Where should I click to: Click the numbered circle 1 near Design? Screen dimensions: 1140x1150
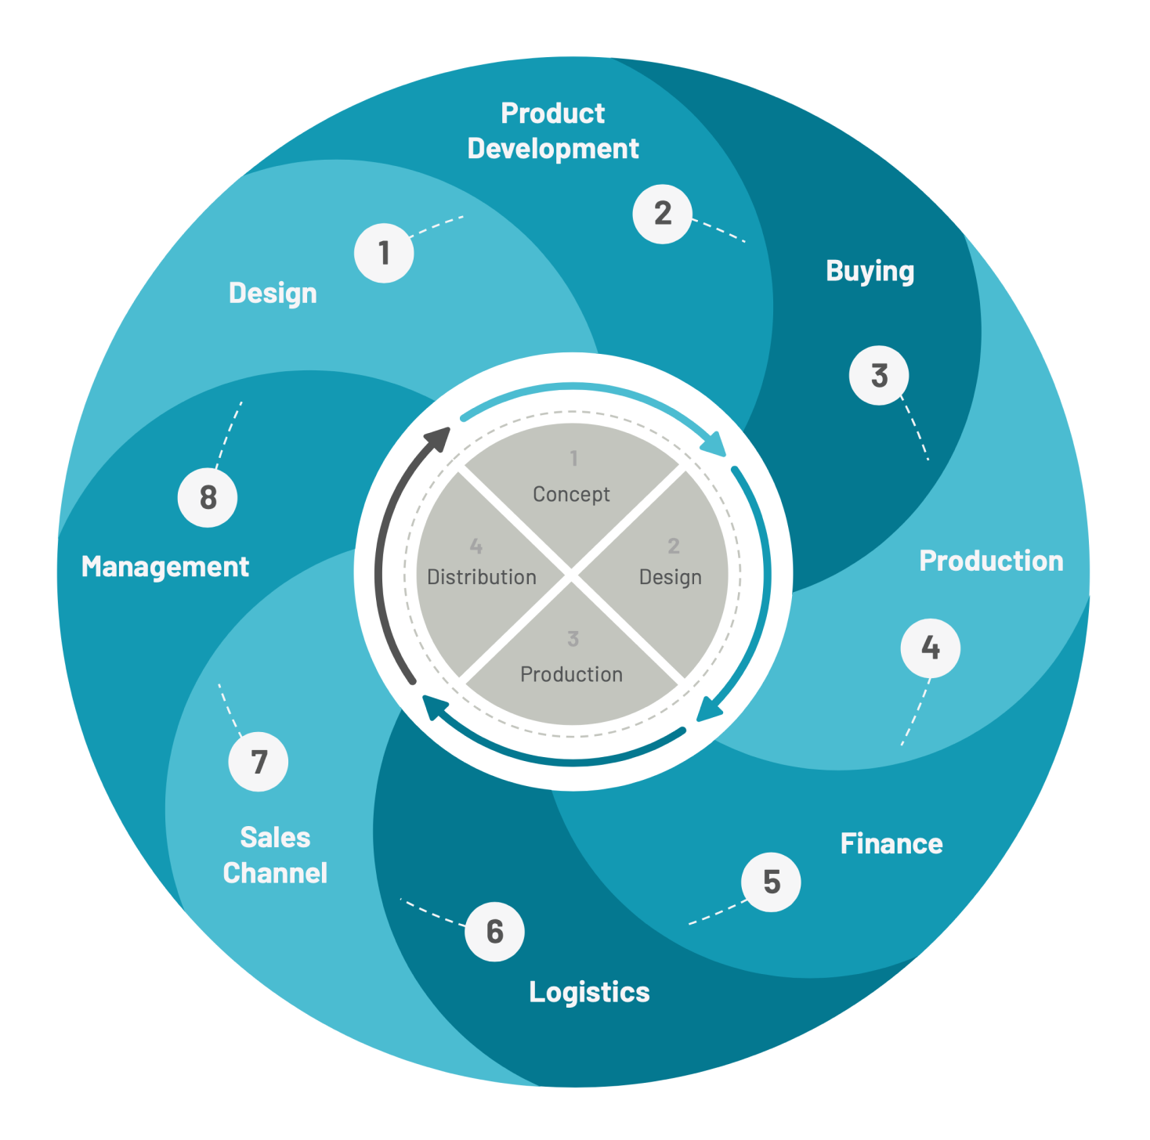384,253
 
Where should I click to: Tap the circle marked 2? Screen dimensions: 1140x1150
663,214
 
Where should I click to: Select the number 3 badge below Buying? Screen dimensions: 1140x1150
879,376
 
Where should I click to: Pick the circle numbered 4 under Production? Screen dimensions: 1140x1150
930,648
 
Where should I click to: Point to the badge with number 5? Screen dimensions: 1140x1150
771,882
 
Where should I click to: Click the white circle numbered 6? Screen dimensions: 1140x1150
494,931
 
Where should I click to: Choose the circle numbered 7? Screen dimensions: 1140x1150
259,762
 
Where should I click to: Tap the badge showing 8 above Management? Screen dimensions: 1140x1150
208,497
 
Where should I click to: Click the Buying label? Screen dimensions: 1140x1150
870,271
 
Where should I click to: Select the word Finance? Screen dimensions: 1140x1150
891,843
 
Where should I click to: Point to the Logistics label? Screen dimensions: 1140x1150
589,992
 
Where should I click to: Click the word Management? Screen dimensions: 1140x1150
165,566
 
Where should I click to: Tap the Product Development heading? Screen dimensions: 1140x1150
553,131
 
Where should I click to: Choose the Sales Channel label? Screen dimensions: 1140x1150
275,855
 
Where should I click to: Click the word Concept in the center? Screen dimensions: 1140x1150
571,494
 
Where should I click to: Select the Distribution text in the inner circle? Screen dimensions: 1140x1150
482,577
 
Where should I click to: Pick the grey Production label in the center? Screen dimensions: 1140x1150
571,674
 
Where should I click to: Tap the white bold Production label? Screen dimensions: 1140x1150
991,561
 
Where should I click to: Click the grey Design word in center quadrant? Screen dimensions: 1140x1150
670,577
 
